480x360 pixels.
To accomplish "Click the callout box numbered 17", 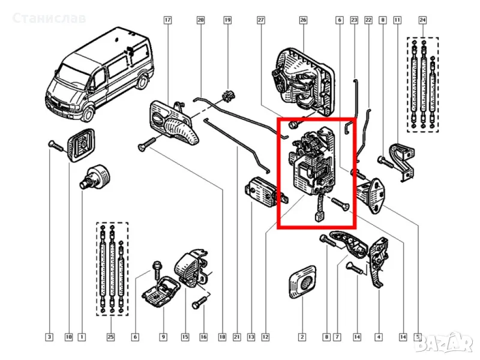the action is click(x=167, y=20).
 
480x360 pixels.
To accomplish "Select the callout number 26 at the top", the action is click(x=303, y=20).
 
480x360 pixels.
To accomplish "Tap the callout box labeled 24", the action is click(x=422, y=20).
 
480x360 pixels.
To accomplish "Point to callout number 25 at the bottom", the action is click(x=111, y=337).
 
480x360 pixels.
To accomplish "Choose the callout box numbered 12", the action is click(x=265, y=337).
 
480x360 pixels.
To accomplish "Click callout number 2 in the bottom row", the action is click(x=302, y=337).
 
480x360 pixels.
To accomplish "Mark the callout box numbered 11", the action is click(x=397, y=20).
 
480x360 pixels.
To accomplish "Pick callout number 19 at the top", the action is click(x=227, y=20).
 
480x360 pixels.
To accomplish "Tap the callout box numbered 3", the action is click(x=49, y=337).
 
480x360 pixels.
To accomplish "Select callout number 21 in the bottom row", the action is click(x=236, y=337).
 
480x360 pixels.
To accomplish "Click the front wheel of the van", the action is click(x=88, y=114).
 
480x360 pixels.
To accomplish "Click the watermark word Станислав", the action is click(x=49, y=18).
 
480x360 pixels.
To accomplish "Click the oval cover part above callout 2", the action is click(x=302, y=282).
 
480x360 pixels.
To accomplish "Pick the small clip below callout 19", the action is click(x=228, y=96).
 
